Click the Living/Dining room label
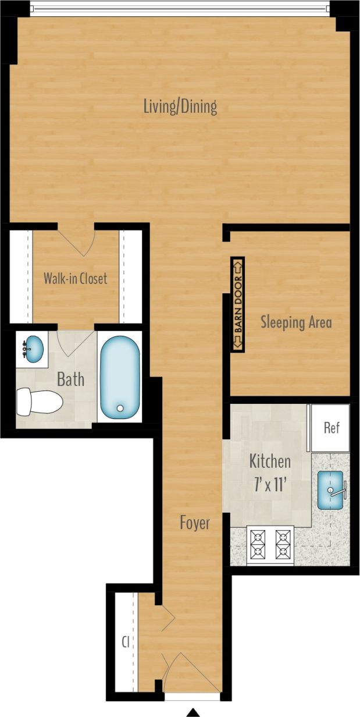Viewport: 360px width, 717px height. (x=180, y=107)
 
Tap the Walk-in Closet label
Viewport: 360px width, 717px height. (x=76, y=278)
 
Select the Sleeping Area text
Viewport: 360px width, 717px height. (x=296, y=322)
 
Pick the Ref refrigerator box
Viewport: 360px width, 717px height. (x=331, y=428)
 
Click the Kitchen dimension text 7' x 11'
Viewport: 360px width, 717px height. (x=270, y=485)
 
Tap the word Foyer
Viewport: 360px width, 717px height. (x=194, y=523)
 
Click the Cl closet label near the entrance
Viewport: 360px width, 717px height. (x=125, y=643)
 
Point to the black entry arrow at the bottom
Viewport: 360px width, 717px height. (x=193, y=712)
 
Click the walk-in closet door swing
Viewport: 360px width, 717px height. (x=76, y=240)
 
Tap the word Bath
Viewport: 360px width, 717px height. (x=70, y=380)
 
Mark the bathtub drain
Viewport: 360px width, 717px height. (x=120, y=409)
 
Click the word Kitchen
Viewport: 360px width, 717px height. (x=270, y=462)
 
